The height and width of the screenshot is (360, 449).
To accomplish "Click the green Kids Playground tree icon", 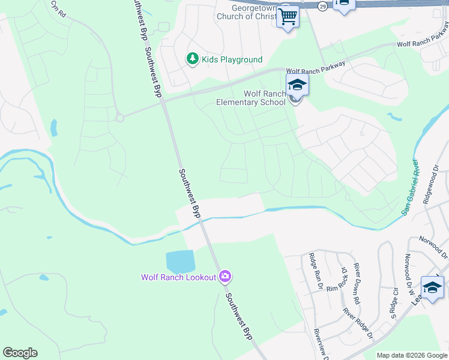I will click(192, 59).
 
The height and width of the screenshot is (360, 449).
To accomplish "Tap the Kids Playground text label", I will click(232, 59).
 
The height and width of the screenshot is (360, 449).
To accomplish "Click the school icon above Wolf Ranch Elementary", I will click(297, 85).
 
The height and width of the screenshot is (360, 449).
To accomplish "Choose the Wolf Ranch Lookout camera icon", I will click(225, 276).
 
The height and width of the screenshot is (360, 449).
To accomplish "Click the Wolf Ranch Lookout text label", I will click(178, 277).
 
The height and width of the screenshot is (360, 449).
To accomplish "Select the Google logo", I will click(20, 353).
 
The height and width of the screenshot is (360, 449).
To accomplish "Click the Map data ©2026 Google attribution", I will click(411, 355).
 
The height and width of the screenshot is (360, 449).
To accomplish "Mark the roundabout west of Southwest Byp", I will click(120, 118).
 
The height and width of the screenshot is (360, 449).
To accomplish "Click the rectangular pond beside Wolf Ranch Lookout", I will click(181, 261).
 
